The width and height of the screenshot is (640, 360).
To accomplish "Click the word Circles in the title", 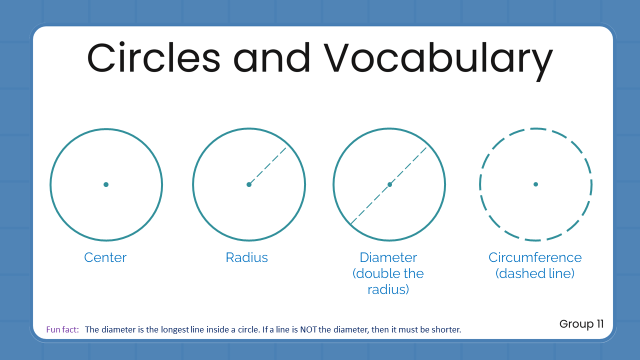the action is tap(153, 57).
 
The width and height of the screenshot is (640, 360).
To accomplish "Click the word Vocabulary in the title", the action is tap(438, 61).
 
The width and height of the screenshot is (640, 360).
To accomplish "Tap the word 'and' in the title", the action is tap(271, 57).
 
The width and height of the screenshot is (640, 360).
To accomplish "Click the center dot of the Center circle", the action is tap(106, 184).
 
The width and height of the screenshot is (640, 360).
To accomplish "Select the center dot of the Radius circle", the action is tap(249, 184).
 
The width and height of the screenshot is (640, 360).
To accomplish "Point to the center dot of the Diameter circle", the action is tap(389, 184).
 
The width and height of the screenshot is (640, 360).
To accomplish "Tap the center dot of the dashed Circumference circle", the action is tap(535, 184).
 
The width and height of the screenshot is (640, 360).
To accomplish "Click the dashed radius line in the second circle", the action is tap(267, 166).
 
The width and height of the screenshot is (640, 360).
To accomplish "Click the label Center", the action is tap(105, 257).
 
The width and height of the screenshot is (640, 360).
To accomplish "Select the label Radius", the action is tap(247, 257).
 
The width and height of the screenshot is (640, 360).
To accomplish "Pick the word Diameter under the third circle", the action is tap(388, 257).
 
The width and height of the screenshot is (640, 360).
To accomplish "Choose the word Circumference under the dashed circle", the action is tap(535, 257).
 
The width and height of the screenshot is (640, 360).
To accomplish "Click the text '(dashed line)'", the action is tap(535, 273).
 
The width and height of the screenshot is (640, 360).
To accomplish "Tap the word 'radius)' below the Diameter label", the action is tap(388, 289).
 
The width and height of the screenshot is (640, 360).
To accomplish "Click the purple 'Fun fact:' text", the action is tap(62, 329).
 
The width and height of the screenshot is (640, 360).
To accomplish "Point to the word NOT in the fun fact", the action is tap(308, 329).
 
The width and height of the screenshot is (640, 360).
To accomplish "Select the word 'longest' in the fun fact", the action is tap(175, 329).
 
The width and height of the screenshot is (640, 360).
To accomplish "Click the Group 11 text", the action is tap(581, 324).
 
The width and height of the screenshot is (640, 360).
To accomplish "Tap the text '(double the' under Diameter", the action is tap(388, 273).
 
